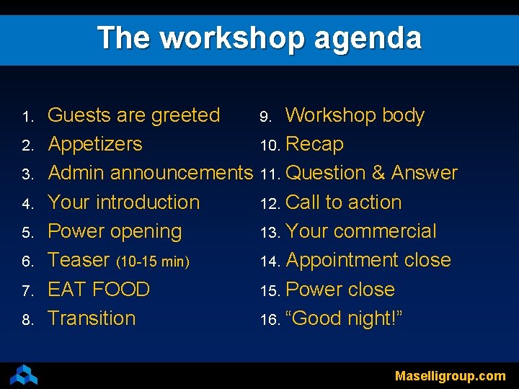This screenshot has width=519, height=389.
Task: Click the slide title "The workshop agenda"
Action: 259,37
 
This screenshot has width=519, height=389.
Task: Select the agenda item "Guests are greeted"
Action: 133,115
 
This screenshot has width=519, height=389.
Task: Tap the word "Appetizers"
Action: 95,144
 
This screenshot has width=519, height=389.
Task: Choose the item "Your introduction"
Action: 123,202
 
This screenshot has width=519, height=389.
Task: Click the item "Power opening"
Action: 115,231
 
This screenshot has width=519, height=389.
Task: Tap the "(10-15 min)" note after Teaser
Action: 153,261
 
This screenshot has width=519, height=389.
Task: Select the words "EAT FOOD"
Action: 99,290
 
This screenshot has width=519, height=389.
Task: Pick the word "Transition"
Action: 92,318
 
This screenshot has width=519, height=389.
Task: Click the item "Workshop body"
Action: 355,115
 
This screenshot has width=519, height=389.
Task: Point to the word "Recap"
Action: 314,144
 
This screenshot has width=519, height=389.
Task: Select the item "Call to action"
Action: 343,202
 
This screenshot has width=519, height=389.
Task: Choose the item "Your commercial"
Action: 361,231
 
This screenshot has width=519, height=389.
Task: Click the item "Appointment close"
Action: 368,260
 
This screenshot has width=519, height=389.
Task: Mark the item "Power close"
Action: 340,290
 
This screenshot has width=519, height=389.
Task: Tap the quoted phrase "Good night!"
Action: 344,318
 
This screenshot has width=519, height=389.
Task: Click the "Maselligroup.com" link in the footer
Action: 450,376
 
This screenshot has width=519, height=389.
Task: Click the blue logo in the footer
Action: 24,375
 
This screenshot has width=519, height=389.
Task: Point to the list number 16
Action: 269,320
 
